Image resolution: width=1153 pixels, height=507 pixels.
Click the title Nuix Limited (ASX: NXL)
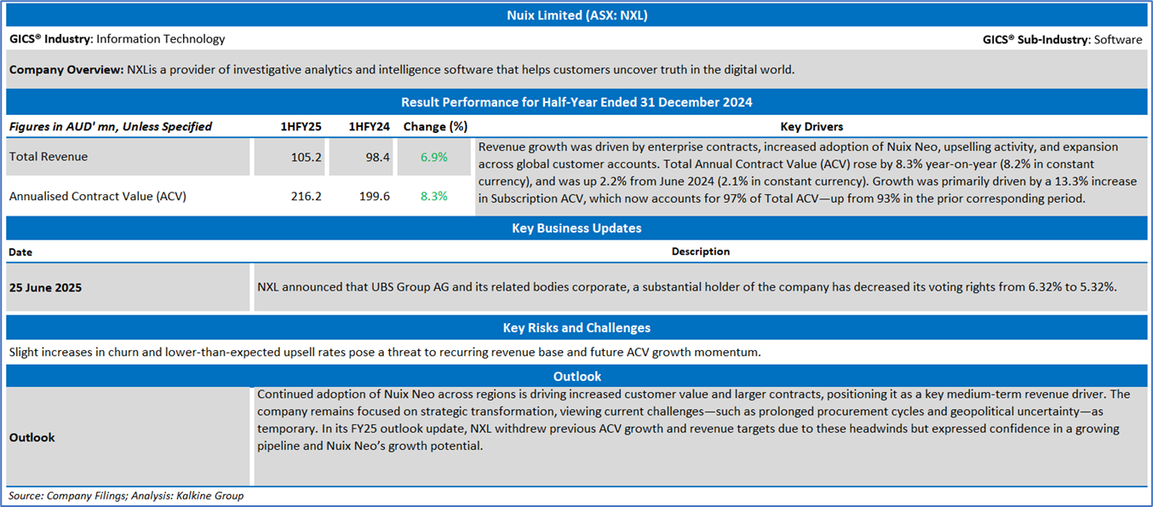pos(576,15)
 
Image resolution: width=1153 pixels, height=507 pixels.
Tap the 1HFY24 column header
pos(369,126)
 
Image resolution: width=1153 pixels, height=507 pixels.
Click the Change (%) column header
pos(435,126)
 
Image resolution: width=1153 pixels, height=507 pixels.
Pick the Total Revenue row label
pos(49,157)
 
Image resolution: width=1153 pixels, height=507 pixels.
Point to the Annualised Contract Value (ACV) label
pos(98,196)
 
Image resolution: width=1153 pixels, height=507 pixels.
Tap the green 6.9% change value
pos(433,157)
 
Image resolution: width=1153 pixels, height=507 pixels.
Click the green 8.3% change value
pos(433,196)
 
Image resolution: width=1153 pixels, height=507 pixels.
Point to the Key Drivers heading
pos(812,126)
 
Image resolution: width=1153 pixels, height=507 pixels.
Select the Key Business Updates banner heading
pos(576,228)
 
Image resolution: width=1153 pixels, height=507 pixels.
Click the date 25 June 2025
pos(46,287)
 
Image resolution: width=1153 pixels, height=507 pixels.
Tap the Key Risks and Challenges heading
pos(576,327)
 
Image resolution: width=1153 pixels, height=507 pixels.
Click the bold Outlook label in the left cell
pos(32,437)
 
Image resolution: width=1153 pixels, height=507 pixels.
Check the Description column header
pos(700,251)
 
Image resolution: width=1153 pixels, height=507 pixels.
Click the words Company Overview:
pos(66,69)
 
